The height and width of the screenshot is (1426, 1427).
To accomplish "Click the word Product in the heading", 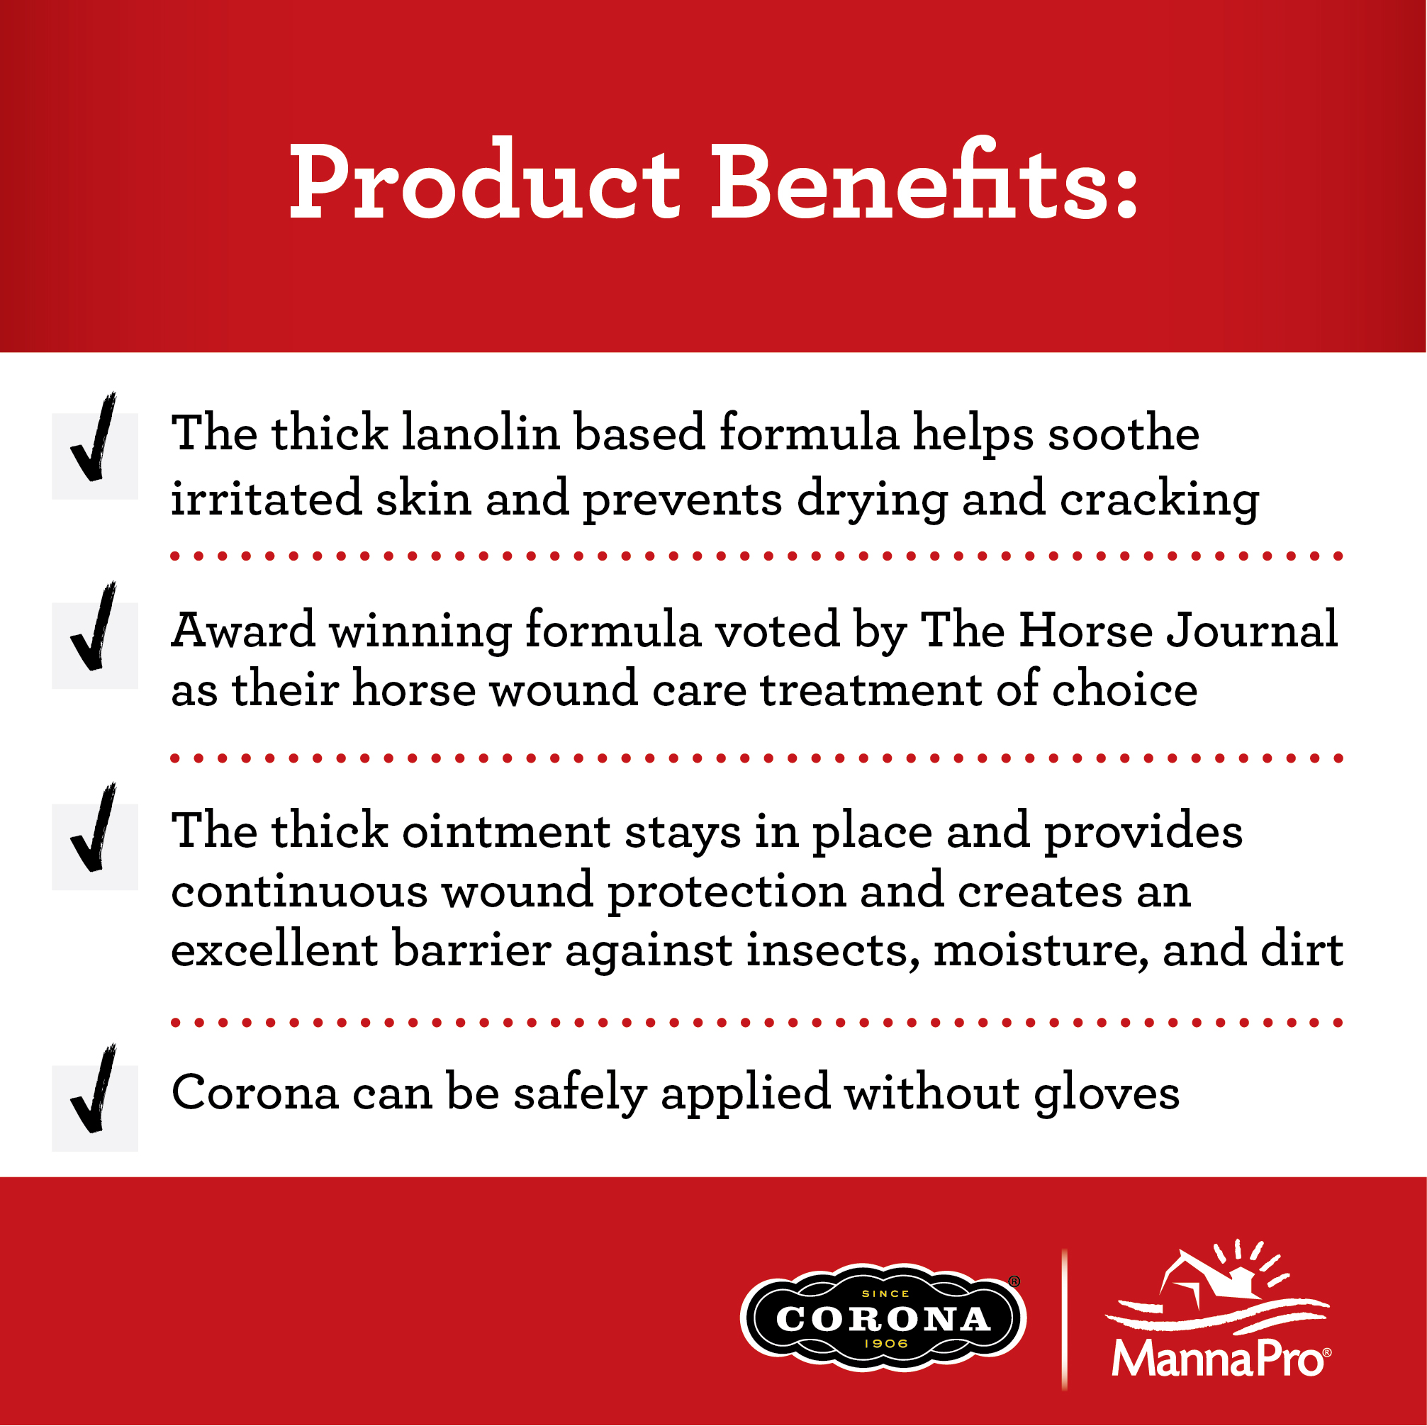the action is click(x=485, y=181).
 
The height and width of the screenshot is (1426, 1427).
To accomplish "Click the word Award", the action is click(x=243, y=630).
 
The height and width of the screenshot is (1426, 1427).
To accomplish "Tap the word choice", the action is click(x=1124, y=688).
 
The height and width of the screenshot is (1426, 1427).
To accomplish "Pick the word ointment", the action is click(x=507, y=831).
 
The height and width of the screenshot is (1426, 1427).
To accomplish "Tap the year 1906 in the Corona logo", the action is click(x=885, y=1343).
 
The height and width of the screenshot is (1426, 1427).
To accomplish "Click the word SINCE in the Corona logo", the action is click(x=885, y=1293).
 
